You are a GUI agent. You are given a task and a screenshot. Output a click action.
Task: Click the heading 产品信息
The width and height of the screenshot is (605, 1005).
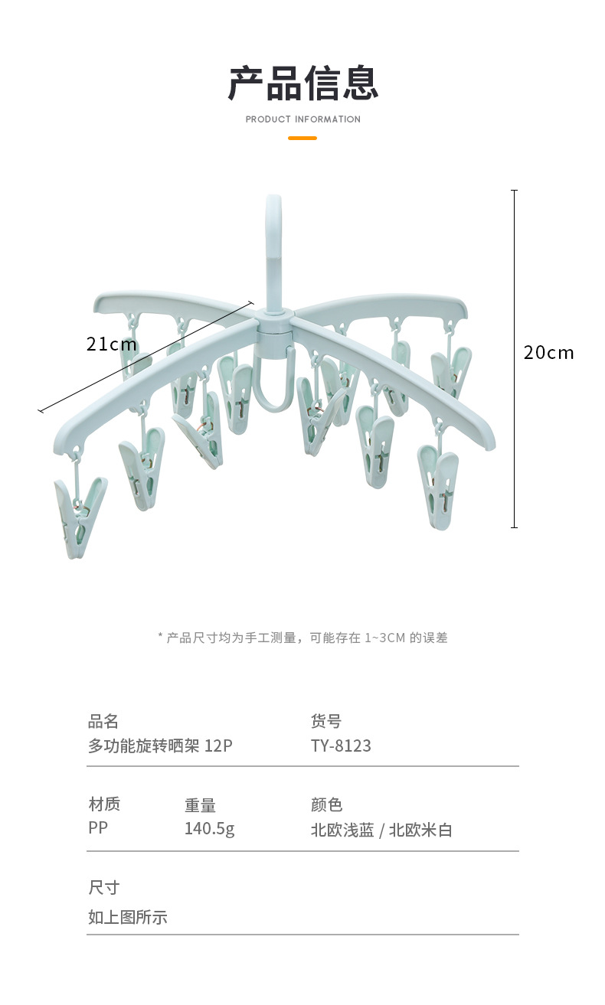coord(302,83)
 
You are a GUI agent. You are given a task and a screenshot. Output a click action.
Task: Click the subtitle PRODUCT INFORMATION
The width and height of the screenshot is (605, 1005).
coord(302,119)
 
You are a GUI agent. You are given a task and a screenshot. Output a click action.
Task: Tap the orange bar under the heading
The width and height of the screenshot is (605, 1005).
coord(302,139)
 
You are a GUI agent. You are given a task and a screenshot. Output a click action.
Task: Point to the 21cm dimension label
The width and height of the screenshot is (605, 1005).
coord(112,344)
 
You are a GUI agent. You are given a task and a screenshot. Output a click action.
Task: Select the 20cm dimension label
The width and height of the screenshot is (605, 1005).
coord(548,353)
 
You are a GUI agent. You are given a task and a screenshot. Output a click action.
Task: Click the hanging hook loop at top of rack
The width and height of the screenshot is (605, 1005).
coord(273,230)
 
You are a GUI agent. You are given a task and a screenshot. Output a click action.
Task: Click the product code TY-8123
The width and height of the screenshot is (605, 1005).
coord(341,746)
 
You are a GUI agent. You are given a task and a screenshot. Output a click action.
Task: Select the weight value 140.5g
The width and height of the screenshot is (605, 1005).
coord(209,829)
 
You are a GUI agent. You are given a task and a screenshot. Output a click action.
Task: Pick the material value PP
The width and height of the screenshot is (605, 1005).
coord(98,828)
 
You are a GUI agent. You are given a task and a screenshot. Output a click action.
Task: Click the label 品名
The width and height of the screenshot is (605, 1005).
coord(103,721)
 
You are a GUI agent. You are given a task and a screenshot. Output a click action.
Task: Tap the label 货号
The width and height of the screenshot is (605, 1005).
coord(326,721)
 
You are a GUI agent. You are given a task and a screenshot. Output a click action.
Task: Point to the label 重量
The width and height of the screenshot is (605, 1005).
coord(200,805)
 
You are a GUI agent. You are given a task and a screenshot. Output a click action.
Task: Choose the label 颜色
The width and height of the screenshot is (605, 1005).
coord(326,804)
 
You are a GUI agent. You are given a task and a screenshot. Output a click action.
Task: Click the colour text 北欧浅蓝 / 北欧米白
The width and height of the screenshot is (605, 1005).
coord(381,830)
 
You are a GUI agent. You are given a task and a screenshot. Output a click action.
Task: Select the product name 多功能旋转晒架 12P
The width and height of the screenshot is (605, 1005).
coord(160,746)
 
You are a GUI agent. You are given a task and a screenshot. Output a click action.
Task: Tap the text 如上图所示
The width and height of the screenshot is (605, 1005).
coord(127,917)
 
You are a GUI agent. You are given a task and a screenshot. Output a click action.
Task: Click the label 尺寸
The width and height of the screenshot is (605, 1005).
coord(103,888)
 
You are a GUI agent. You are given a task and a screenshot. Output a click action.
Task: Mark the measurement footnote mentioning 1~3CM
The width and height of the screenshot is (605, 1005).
coord(302,638)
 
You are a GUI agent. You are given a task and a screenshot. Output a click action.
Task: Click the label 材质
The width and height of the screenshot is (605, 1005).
coord(104,804)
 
